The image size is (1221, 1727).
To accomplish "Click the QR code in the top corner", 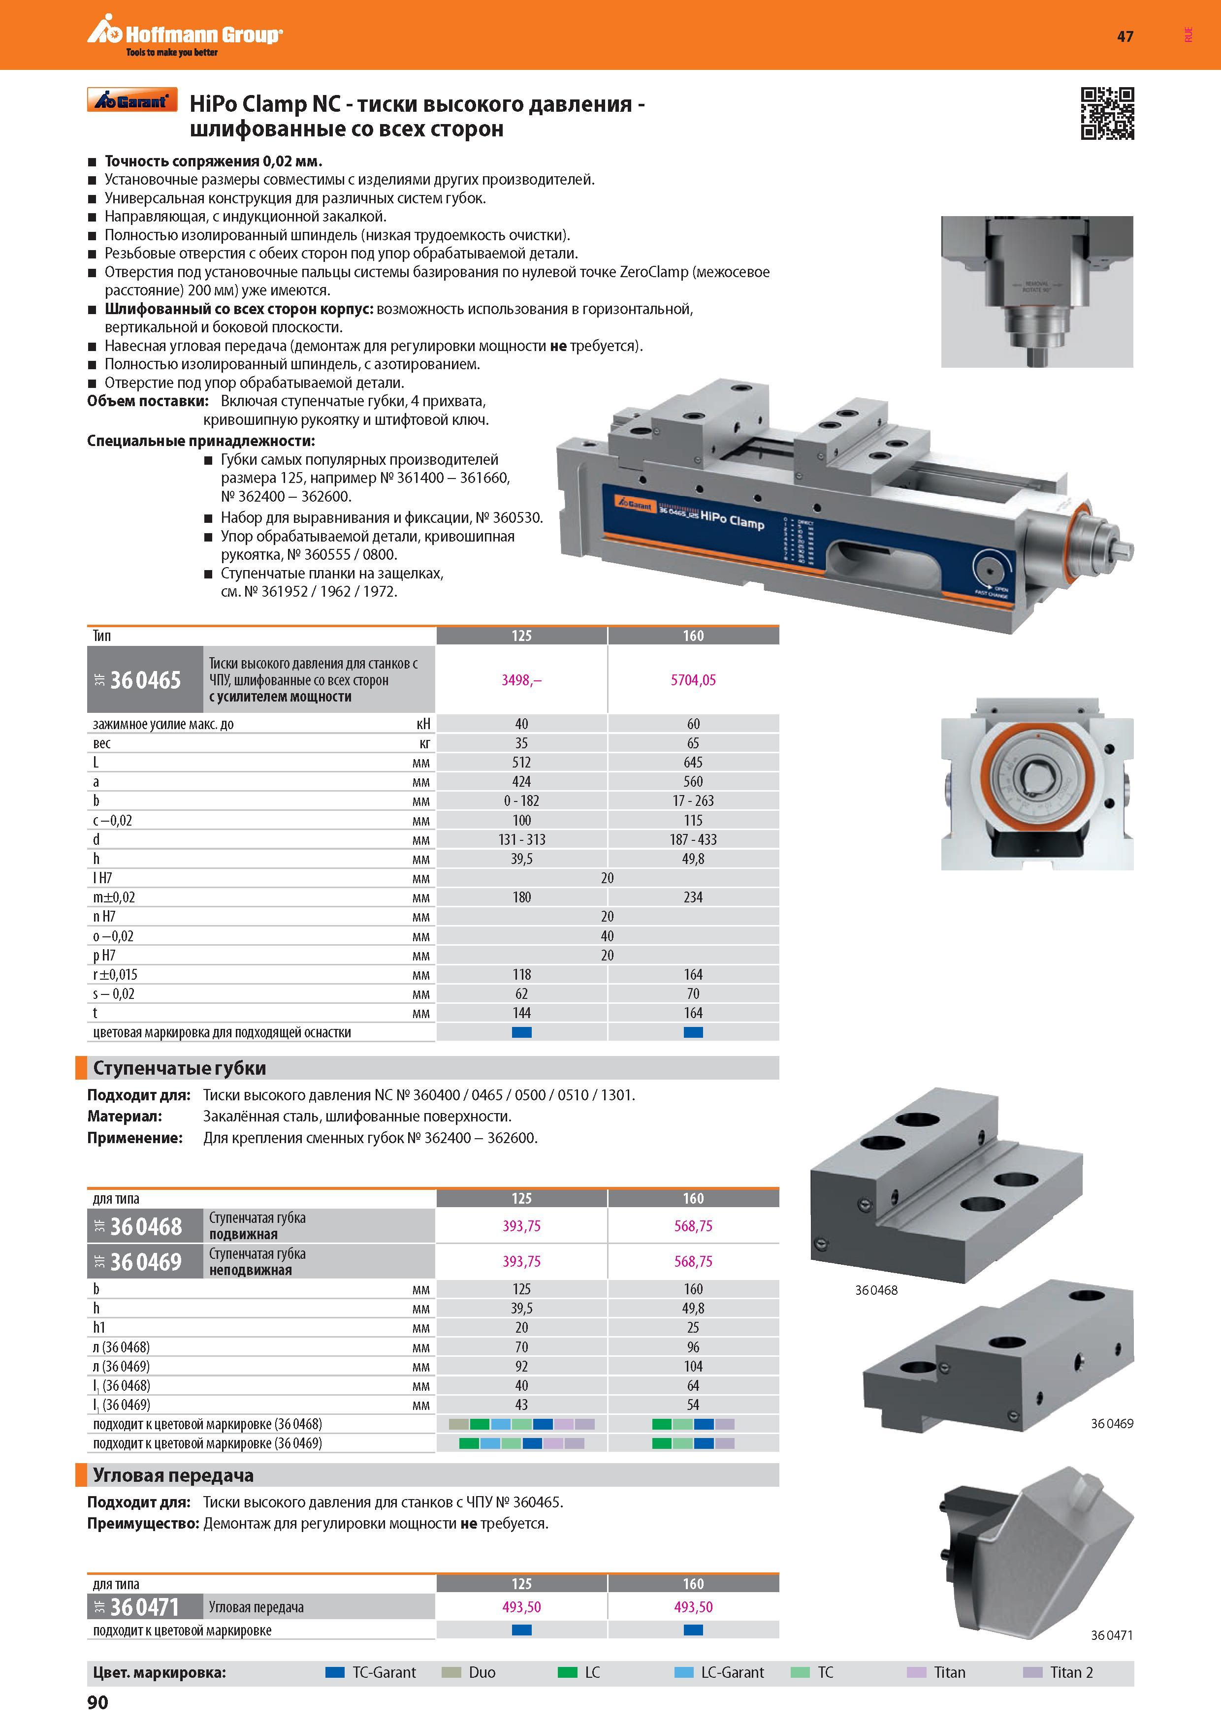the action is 1107,114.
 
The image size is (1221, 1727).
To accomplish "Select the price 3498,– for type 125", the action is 521,680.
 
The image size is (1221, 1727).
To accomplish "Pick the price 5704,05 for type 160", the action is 693,680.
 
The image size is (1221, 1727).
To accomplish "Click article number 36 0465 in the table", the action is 145,680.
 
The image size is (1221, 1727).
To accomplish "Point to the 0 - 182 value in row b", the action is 521,801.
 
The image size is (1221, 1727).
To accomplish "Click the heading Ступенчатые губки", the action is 179,1068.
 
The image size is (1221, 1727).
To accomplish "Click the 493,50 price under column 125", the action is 521,1607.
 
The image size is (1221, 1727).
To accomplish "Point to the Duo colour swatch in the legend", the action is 450,1672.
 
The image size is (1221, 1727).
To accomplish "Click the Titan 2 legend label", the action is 1071,1672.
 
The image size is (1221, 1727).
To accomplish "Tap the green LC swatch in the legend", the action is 567,1672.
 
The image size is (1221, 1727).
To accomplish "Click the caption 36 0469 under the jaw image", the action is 1112,1423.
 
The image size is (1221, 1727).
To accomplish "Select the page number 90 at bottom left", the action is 98,1702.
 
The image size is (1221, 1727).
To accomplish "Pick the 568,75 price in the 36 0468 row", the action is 693,1226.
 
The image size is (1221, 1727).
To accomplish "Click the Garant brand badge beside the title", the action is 132,100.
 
